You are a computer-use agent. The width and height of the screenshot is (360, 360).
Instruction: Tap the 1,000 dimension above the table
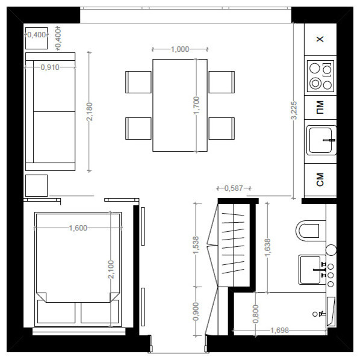pos(180,49)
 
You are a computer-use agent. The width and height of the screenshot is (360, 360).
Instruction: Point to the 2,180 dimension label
pos(90,111)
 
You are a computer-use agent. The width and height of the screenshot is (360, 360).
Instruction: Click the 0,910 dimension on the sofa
pos(50,67)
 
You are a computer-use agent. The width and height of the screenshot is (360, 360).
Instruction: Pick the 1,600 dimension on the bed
pos(78,228)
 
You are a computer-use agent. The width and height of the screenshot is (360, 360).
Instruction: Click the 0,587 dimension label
pos(233,188)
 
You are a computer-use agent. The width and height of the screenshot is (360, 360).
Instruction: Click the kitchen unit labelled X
pos(320,40)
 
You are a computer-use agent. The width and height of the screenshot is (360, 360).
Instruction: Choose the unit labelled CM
pos(320,179)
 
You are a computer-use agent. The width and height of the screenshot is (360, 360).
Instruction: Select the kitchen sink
pos(320,140)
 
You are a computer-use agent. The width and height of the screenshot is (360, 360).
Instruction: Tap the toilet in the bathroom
pos(310,230)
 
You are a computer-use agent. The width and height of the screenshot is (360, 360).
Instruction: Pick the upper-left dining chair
pos(138,82)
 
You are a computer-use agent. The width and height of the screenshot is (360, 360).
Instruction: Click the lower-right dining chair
pos(222,128)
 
